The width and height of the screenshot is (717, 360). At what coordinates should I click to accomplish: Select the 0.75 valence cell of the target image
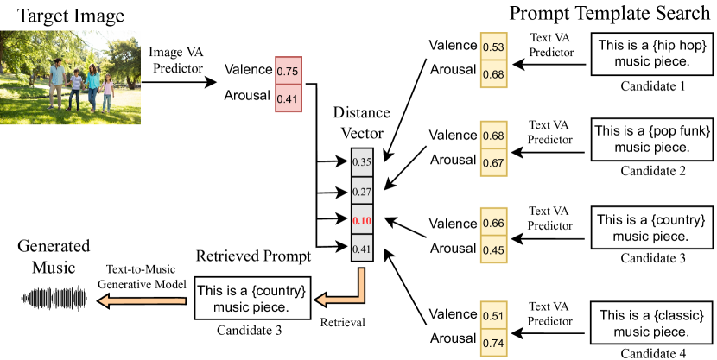tap(289, 71)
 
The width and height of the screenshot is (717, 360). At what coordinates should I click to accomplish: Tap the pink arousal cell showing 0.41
tap(289, 98)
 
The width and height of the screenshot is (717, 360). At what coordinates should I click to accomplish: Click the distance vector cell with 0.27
tap(363, 191)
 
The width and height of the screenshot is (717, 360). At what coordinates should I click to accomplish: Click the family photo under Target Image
tap(65, 78)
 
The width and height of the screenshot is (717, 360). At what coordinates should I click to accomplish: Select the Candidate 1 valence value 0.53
tap(493, 46)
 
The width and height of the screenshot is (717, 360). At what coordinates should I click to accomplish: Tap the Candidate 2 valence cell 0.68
tap(493, 136)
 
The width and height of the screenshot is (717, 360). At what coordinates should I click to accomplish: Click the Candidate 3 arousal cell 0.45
tap(493, 251)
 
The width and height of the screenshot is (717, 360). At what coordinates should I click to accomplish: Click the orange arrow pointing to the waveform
tap(138, 300)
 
